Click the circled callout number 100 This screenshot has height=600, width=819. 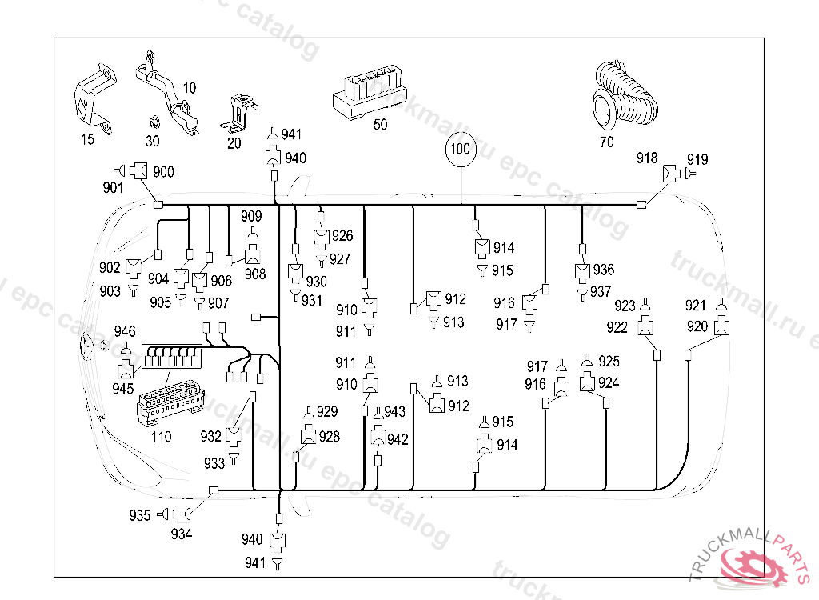[x=460, y=150]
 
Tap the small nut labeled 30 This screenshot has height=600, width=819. [x=152, y=122]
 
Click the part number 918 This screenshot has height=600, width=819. [x=647, y=158]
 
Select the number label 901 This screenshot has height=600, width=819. [x=114, y=188]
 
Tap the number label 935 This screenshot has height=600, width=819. [x=140, y=516]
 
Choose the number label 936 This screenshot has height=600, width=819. [x=604, y=270]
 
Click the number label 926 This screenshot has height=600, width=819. [x=342, y=236]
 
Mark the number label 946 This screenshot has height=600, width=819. [x=124, y=331]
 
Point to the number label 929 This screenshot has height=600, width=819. [x=327, y=412]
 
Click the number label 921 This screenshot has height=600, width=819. [x=697, y=306]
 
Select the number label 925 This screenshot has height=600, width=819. [x=609, y=362]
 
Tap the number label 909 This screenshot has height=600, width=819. [x=251, y=216]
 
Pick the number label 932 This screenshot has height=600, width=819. [x=211, y=436]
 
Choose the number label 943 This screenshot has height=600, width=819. [x=395, y=411]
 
